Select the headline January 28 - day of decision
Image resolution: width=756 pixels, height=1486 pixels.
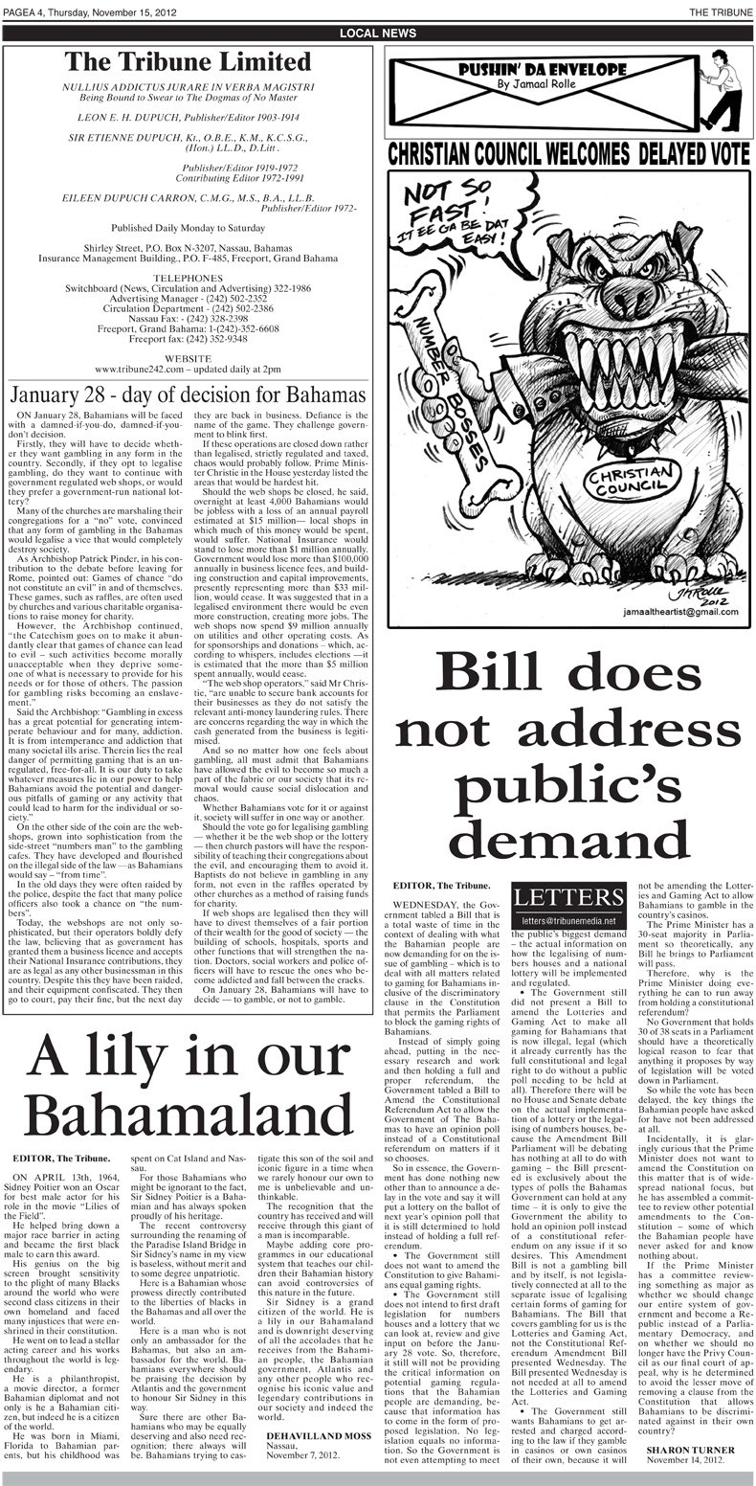click(189, 395)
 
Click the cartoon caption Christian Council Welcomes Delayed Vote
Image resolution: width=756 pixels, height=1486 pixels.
click(567, 154)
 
